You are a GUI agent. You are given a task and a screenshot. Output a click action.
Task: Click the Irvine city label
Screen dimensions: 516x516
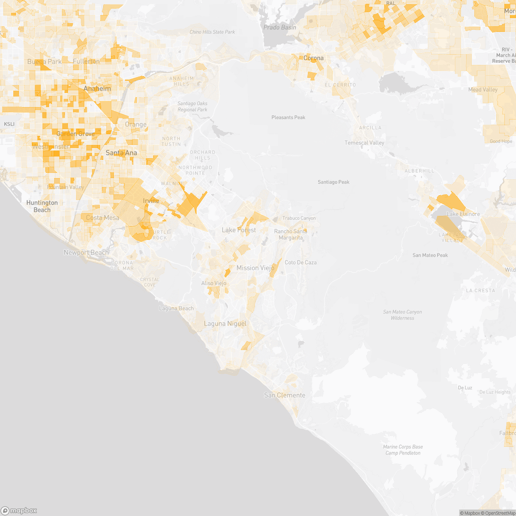151,201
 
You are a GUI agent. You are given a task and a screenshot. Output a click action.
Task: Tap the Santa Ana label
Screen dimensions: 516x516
121,153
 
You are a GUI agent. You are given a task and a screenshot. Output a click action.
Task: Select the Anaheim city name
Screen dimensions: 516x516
97,89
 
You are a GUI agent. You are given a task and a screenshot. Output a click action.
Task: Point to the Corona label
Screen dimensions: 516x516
313,58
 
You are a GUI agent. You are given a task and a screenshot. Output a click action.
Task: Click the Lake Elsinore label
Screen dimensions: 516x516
463,214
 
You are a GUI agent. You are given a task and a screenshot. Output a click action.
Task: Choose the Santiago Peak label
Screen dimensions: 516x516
333,182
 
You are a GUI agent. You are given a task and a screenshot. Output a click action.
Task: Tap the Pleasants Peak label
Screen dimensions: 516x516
288,117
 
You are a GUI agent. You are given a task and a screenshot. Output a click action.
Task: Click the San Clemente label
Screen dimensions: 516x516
285,395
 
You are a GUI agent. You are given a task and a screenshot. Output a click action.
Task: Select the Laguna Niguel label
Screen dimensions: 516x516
225,323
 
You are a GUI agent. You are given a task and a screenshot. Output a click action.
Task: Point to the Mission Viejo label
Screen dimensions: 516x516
255,268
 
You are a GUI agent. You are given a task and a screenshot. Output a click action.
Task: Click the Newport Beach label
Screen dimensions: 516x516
86,252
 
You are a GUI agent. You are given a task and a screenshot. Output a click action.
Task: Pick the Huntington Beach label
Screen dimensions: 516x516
42,206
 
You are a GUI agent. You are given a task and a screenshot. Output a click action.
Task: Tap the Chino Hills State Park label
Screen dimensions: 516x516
212,32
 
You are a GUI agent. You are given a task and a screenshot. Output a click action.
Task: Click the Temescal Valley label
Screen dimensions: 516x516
364,143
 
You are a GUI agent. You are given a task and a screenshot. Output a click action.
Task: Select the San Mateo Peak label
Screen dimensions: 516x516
430,255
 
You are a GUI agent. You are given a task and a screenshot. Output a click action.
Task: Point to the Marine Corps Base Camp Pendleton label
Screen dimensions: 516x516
403,450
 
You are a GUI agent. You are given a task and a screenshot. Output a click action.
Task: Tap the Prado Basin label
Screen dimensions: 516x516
279,28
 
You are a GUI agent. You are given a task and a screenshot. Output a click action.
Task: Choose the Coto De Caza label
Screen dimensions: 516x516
301,262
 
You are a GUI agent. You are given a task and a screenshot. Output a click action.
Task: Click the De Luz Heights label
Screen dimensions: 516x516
495,392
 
